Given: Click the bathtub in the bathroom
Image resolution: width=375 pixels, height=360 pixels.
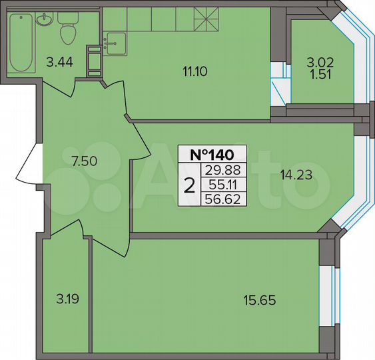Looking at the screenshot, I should tap(22, 44).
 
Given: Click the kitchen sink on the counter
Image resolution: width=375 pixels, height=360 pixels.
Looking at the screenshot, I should tap(115, 43).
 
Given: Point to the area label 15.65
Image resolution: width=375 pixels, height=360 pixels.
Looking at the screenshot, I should tap(258, 300).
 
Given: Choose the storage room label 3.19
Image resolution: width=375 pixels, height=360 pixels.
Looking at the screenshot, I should tap(65, 299).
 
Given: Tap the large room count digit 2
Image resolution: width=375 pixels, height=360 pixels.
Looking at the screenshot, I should tap(190, 185).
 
